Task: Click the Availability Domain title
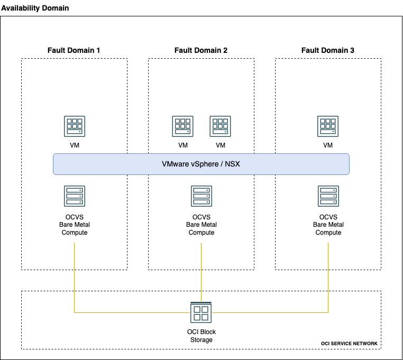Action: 35,9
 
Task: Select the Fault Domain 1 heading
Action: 74,50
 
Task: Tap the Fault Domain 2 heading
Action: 201,50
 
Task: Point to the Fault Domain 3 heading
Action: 328,50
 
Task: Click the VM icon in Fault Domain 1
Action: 74,126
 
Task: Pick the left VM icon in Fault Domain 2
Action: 182,126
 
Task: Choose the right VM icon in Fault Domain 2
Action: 220,126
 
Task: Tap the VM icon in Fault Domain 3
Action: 328,126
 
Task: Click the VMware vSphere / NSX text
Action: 201,164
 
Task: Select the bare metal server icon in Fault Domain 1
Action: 74,196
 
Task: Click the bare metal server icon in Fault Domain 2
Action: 201,196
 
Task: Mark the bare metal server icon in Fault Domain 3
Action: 328,196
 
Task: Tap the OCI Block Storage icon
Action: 201,312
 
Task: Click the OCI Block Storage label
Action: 201,336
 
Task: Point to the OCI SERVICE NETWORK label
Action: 349,344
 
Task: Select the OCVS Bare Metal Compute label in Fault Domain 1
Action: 74,225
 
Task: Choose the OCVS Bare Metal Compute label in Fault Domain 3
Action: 328,225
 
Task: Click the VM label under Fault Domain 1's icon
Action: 74,145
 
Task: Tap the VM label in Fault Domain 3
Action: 328,145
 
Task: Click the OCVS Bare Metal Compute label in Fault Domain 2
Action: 201,225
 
